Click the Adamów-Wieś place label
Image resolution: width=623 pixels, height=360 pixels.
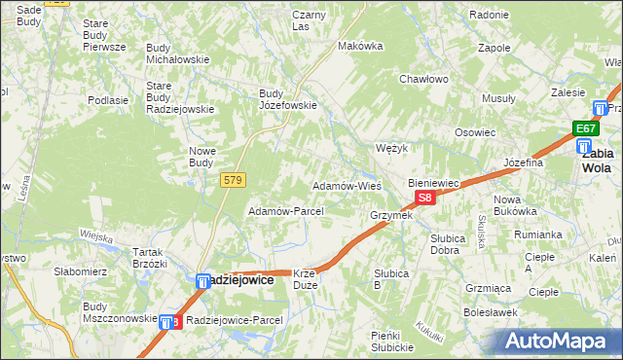coord(346,185)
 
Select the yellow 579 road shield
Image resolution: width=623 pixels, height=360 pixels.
coord(233,180)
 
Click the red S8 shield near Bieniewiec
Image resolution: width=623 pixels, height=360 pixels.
coord(424,198)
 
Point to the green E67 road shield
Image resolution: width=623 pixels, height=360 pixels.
coord(584,128)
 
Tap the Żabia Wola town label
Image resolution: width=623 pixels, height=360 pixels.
coord(596,160)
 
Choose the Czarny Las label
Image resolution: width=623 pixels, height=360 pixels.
coord(309,20)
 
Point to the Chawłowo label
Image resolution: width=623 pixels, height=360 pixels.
coord(422,80)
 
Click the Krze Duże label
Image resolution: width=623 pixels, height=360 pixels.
coord(306,280)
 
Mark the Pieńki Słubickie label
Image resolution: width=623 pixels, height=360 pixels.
coord(392,342)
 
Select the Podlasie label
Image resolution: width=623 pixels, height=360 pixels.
coord(108,100)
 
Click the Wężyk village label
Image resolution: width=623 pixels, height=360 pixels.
coord(390,148)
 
